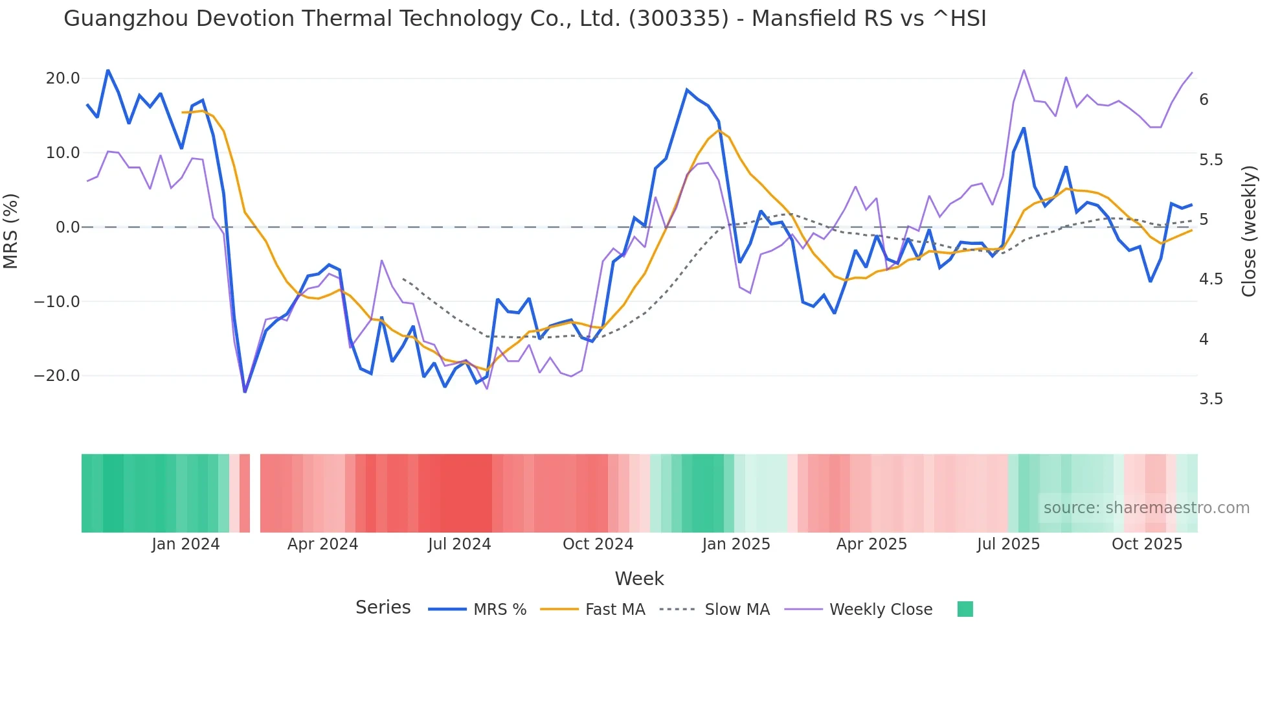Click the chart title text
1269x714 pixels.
(524, 18)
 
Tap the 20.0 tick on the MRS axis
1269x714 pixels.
(63, 78)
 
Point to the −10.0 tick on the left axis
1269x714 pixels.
(57, 301)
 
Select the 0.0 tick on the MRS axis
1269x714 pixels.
(67, 227)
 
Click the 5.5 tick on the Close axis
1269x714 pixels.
(1211, 159)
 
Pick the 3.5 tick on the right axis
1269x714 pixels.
(1211, 398)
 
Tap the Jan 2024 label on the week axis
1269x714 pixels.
(185, 544)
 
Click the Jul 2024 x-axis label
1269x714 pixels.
(459, 544)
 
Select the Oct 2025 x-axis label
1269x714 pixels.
(1147, 544)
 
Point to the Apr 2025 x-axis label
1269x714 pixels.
(871, 544)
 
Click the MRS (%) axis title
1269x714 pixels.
(11, 231)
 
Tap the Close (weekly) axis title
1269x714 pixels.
(1249, 231)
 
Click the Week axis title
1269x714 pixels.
(639, 579)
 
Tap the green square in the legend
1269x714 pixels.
(965, 609)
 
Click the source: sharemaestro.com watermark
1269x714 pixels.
(1146, 507)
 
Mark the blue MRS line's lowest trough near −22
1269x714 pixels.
(245, 391)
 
